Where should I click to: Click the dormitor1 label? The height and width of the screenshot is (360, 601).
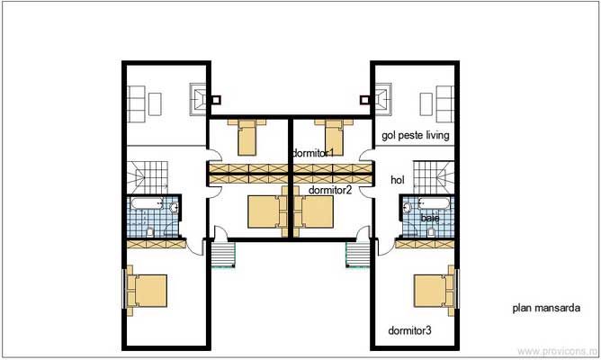click(x=313, y=154)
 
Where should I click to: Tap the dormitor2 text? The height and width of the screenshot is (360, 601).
click(x=329, y=190)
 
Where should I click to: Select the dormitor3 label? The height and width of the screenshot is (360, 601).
click(x=409, y=331)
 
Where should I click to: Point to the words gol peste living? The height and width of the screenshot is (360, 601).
click(x=415, y=136)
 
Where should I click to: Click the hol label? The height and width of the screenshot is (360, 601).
click(x=398, y=180)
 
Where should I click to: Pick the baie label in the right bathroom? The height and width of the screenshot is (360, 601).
click(x=429, y=219)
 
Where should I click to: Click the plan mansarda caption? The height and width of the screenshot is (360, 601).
click(x=545, y=308)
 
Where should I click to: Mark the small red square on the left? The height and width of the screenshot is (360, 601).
click(x=215, y=100)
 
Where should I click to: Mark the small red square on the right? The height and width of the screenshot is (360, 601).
click(x=365, y=100)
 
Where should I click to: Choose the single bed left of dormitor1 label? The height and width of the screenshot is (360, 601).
click(x=245, y=137)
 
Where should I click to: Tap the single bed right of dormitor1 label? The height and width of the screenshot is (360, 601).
click(x=333, y=137)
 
